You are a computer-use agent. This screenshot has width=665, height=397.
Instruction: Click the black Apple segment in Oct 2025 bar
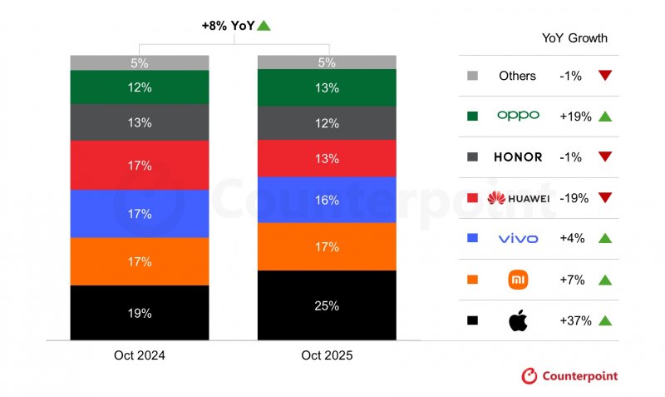coord(327,305)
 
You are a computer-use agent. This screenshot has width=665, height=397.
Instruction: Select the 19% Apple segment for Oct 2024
coord(139,313)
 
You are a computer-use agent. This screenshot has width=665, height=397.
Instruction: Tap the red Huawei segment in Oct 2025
coord(327,158)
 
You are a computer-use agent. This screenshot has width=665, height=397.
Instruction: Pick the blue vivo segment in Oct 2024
coord(139,214)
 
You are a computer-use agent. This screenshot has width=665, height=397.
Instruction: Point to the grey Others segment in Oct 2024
coord(139,62)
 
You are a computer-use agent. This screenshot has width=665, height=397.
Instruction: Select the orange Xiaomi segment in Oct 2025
coord(327,246)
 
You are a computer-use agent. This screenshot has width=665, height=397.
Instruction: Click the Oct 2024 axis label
coord(139,355)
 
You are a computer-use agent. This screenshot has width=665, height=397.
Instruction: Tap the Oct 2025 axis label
coord(327,355)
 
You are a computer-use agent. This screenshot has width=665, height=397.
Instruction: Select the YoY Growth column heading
coord(574,38)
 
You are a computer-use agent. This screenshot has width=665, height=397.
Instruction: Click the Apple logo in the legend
coord(518,320)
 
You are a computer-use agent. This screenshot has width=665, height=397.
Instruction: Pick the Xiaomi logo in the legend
coord(518,280)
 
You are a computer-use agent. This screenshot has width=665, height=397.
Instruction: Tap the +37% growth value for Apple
coord(576,320)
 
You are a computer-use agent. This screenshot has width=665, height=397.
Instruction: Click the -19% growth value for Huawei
coord(576,198)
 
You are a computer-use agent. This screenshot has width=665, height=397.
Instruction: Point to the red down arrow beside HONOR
coord(604,157)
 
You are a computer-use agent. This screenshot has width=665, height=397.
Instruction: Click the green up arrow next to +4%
coord(604,239)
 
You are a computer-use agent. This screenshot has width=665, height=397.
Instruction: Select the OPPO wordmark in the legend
coord(518,116)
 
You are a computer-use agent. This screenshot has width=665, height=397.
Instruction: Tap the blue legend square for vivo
coord(472,239)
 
